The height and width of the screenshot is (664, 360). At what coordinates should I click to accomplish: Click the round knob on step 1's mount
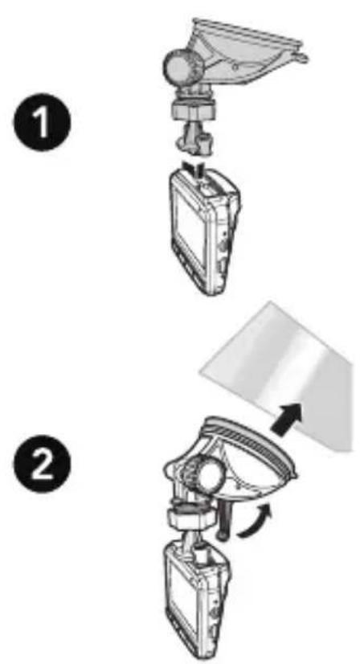tap(183, 66)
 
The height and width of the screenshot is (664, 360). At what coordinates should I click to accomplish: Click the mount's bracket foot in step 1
tap(194, 141)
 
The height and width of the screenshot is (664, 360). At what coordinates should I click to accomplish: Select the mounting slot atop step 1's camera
tap(207, 188)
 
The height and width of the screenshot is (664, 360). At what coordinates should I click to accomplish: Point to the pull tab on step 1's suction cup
tap(302, 57)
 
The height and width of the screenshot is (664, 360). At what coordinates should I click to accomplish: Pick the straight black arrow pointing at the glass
tap(287, 419)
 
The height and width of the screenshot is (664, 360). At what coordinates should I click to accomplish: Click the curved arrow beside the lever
tap(252, 519)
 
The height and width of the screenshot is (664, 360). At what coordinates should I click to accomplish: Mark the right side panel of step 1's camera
tap(222, 237)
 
